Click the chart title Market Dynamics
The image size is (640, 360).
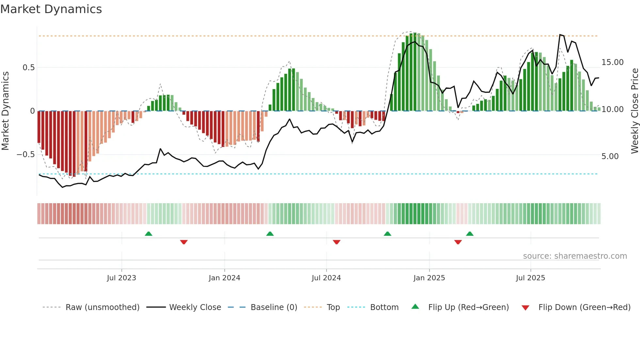tap(51, 9)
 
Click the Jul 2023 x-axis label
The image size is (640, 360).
tap(121, 278)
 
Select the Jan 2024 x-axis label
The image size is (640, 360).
tap(224, 278)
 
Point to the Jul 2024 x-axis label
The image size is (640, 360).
tap(326, 278)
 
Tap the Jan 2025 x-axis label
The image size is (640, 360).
tap(429, 278)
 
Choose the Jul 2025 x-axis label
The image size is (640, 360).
tap(530, 278)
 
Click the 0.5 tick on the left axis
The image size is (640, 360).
tap(28, 68)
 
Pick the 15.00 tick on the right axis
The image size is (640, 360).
tap(612, 62)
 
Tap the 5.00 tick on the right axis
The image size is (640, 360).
tap(610, 156)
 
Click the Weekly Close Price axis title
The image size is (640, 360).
tap(634, 111)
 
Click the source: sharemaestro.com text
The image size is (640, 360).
tap(575, 256)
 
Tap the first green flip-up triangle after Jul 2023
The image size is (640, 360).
tap(149, 234)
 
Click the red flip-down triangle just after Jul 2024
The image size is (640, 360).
tap(337, 242)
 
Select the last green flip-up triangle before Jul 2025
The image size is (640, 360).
tap(470, 234)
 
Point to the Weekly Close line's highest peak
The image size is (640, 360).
tap(560, 35)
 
